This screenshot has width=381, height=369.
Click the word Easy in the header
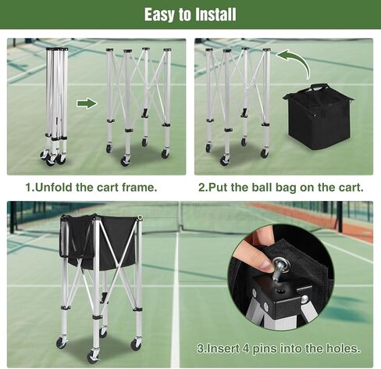click(x=159, y=15)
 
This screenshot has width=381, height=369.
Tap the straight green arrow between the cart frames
click(x=87, y=103)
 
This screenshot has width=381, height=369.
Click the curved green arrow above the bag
click(x=294, y=63)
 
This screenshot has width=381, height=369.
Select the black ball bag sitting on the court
click(x=319, y=116)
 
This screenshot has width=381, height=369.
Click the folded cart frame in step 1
click(x=55, y=106)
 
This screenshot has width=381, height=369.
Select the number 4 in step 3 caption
click(x=246, y=349)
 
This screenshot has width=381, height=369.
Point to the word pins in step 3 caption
click(x=265, y=349)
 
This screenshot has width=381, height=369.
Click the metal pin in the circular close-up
click(x=279, y=269)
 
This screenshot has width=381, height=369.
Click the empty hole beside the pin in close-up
click(x=280, y=291)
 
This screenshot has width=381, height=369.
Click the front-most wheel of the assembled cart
click(x=92, y=356)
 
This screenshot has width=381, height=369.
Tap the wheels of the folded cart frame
click(x=53, y=157)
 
